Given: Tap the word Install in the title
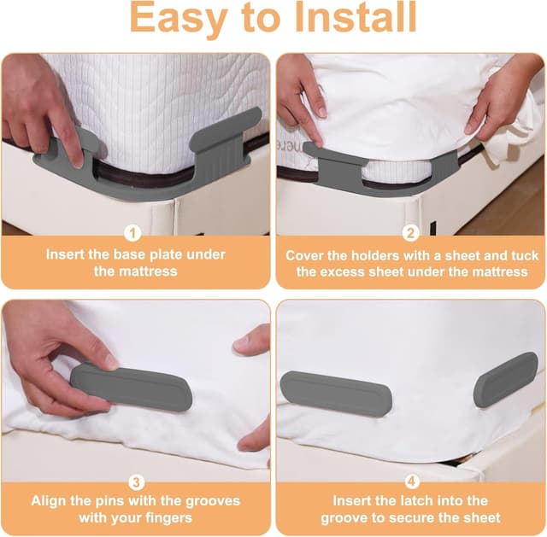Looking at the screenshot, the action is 356,17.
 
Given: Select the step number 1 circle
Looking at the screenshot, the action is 132,233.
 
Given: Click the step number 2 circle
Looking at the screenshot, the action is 410,233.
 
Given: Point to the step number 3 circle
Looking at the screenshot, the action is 136,482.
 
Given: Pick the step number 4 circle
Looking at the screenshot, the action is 412,482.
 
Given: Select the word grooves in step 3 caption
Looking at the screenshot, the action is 213,501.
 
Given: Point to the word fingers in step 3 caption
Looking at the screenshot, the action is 170,518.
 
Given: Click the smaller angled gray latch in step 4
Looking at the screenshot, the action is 506,380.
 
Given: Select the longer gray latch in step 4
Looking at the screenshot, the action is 336,394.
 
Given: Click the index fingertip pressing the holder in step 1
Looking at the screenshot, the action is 77,161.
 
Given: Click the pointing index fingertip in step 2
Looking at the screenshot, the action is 318,143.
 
